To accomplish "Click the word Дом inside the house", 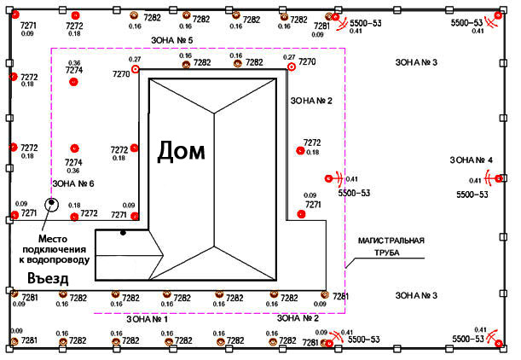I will click(x=182, y=152).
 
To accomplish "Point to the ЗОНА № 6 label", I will click(x=73, y=183).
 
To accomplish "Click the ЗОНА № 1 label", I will click(x=147, y=319).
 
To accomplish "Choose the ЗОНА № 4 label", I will click(x=472, y=160).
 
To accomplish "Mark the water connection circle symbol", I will click(x=51, y=204).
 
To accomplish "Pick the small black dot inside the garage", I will click(x=123, y=233).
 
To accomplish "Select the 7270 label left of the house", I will click(x=120, y=74).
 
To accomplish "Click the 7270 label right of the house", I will click(x=307, y=62).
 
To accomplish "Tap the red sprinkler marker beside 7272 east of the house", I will click(x=299, y=151).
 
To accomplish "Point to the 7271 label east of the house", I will click(x=313, y=205).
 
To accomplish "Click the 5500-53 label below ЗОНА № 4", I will click(x=472, y=195).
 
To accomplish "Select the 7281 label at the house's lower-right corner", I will click(x=340, y=297).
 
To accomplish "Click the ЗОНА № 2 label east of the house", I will click(x=311, y=101).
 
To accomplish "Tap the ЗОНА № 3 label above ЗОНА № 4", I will click(x=417, y=63).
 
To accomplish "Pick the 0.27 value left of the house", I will click(x=134, y=60).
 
